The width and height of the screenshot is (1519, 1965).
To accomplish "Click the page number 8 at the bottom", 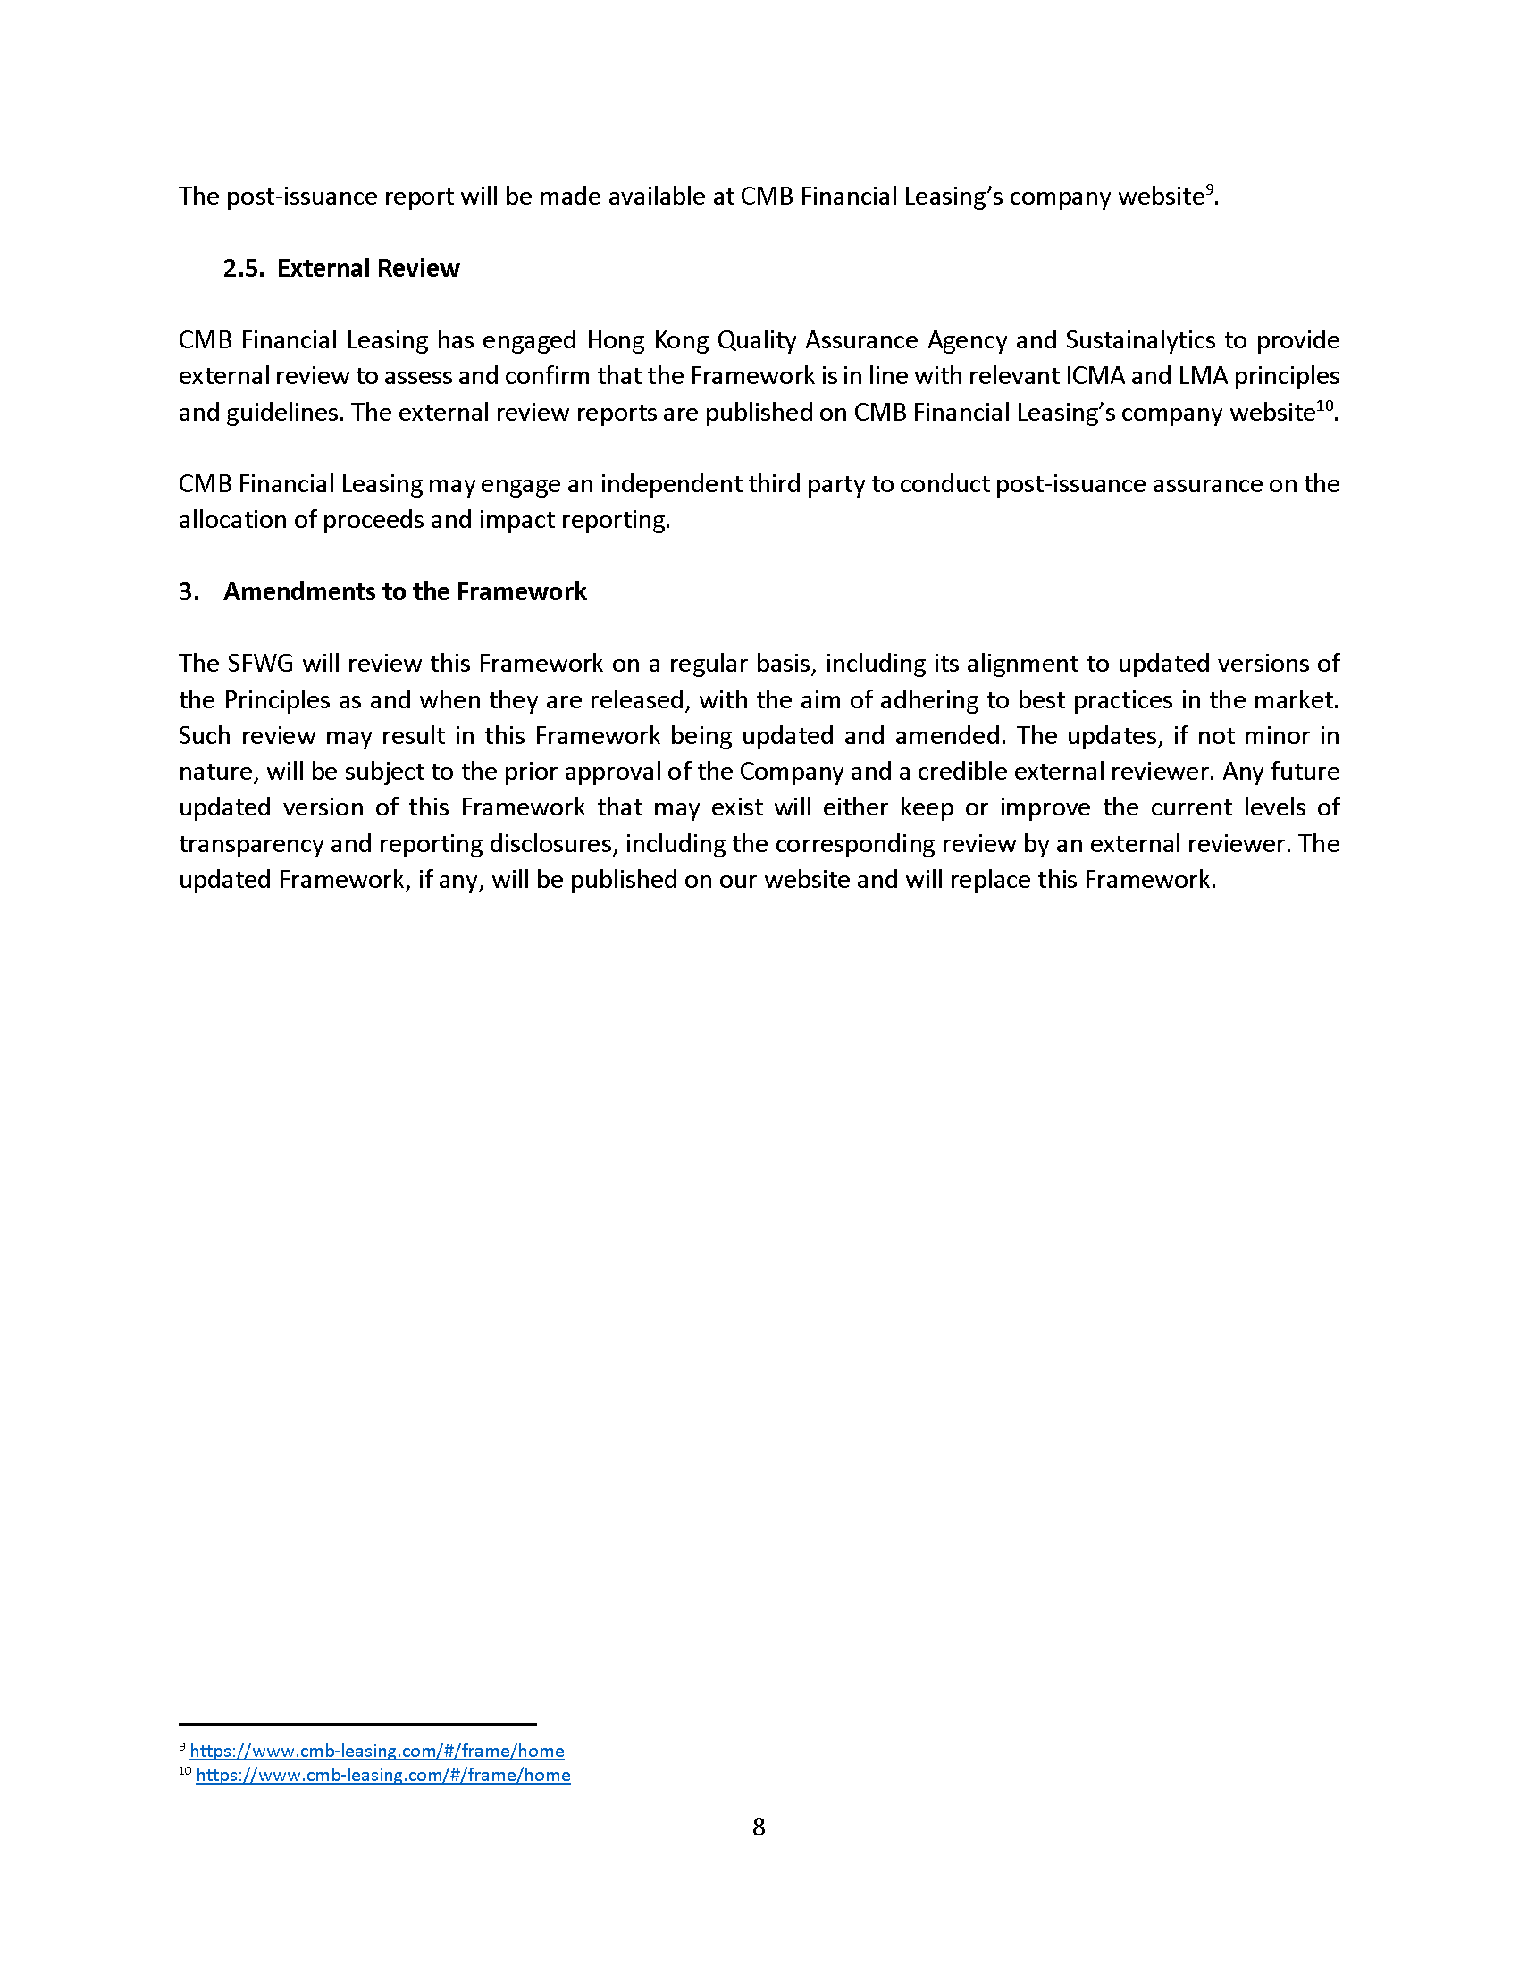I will pos(759,1827).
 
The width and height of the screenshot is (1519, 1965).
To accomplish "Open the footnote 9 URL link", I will pos(376,1750).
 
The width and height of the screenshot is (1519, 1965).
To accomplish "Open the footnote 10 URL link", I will pos(382,1774).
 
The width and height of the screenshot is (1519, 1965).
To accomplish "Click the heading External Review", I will pos(368,268).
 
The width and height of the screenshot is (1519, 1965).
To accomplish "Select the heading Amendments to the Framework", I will pos(404,591).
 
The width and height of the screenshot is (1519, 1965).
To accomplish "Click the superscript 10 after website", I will pos(1323,406).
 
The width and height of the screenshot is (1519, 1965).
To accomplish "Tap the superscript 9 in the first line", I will pos(1210,190).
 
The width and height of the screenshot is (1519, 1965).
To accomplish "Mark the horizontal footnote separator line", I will pos(357,1724).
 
